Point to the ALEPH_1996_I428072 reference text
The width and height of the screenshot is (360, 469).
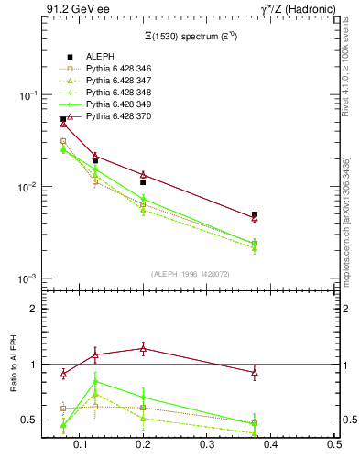pyautogui.click(x=190, y=273)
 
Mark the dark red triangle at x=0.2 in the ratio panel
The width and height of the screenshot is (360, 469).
pyautogui.click(x=143, y=348)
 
